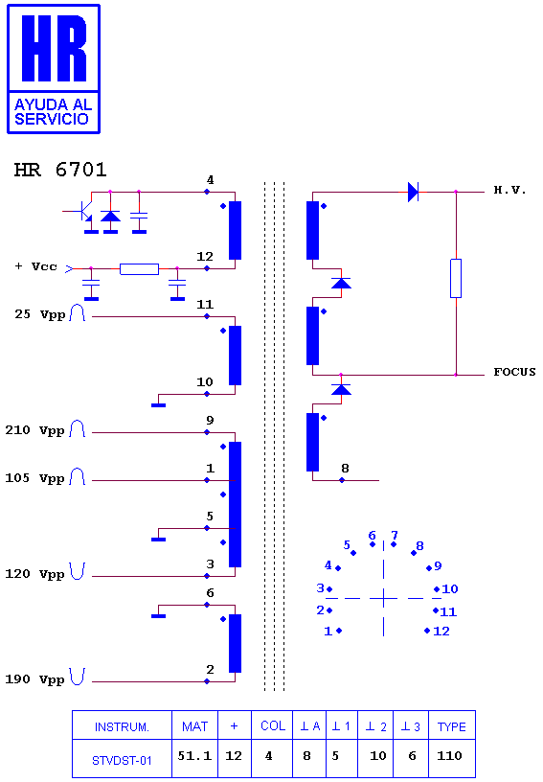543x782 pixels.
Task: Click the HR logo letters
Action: [x=54, y=48]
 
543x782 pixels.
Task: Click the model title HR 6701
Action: [x=60, y=170]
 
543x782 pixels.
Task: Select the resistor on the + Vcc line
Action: [x=140, y=269]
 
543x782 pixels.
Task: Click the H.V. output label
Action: [x=509, y=190]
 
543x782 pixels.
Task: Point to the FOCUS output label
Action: [x=514, y=372]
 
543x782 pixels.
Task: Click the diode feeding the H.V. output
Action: [x=413, y=192]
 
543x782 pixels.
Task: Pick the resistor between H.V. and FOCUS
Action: [x=456, y=278]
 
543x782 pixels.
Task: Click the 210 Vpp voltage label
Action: [x=34, y=430]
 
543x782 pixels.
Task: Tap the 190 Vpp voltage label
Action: [x=34, y=679]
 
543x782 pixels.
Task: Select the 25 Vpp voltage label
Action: [x=40, y=314]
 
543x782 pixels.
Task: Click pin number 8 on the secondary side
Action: [x=345, y=469]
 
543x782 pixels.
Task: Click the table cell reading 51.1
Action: [x=194, y=756]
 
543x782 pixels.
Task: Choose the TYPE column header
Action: [x=452, y=726]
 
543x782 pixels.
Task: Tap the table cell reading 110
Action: [x=449, y=756]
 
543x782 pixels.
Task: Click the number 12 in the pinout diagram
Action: [x=441, y=632]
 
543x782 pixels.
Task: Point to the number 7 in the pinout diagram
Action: [x=395, y=535]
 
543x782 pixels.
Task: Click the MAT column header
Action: [x=194, y=726]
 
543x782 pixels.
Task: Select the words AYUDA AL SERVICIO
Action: [x=53, y=112]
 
